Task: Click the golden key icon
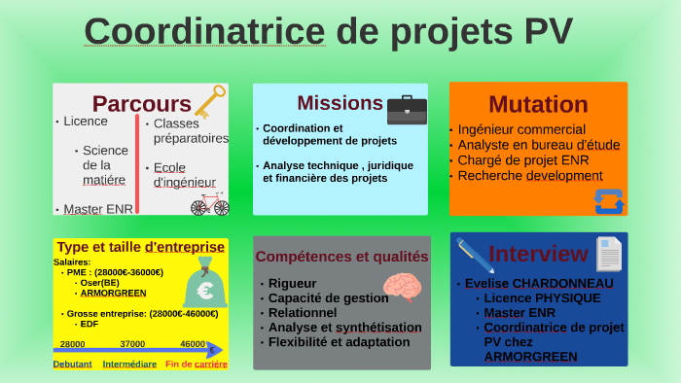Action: coord(209,101)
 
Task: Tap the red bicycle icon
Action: coord(209,204)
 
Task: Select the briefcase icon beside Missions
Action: coord(407,110)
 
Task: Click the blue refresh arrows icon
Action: coord(607,200)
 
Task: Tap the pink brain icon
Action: coord(401,287)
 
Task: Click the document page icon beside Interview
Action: coord(609,254)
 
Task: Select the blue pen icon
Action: coord(475,255)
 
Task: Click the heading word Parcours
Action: coord(141,104)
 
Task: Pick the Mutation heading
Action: coord(538,104)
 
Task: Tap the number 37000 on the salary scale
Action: coord(132,344)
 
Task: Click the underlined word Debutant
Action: coord(72,365)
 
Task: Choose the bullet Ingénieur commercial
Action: coord(521,129)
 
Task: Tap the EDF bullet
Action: coord(90,324)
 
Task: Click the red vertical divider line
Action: coord(137,164)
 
